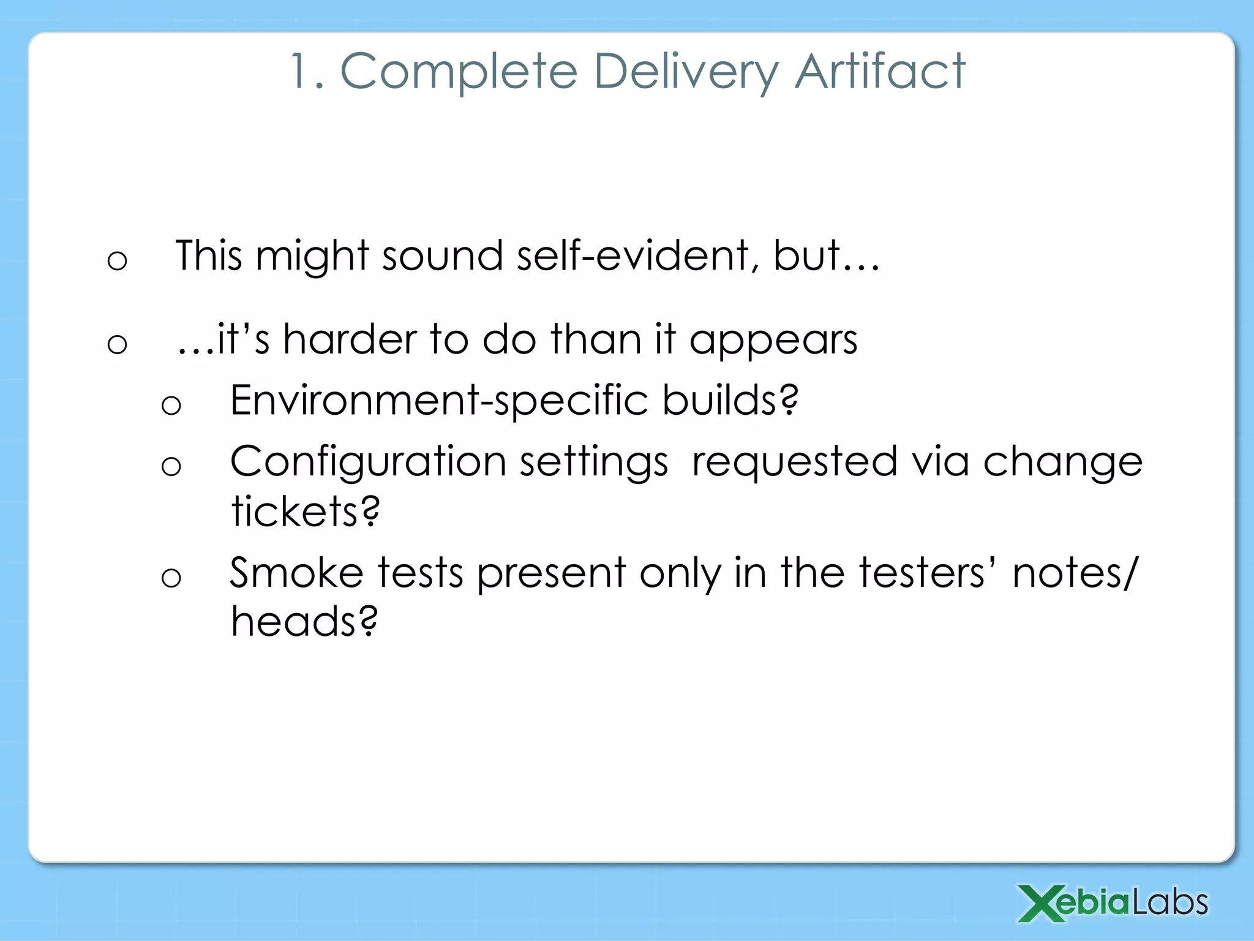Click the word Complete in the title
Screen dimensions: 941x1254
(x=459, y=72)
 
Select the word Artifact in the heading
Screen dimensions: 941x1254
(x=880, y=71)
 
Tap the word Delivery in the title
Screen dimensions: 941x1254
(x=686, y=72)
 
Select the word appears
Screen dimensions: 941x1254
(x=773, y=341)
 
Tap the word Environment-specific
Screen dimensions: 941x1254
(x=438, y=401)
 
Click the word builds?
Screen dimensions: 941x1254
(x=730, y=399)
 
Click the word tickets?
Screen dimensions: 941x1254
(x=305, y=511)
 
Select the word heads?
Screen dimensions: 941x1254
(x=304, y=621)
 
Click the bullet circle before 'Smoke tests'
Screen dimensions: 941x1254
(x=171, y=578)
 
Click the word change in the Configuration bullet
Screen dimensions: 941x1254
(x=1062, y=463)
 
